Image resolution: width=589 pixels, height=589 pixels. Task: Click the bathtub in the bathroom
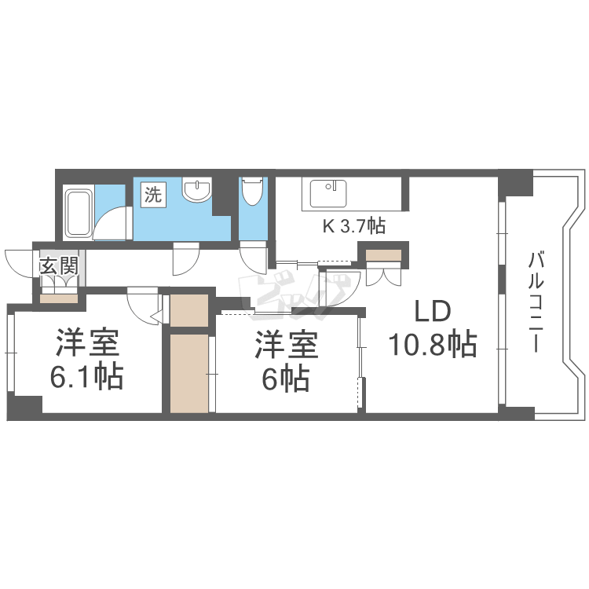78,211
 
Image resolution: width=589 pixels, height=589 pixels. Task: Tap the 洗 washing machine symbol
153,195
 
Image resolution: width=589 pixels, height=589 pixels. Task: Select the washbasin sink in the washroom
196,190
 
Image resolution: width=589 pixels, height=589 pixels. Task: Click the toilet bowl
251,191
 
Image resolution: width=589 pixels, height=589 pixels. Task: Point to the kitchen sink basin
328,193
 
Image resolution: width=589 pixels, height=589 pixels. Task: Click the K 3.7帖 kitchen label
354,226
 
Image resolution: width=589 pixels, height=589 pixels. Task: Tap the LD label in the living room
432,312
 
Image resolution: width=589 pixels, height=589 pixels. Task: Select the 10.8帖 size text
433,344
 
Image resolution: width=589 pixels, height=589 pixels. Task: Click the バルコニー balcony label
536,302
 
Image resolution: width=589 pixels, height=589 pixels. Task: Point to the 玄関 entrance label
60,266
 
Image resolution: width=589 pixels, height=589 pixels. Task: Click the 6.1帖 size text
86,376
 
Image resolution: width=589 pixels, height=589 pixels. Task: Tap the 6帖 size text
286,379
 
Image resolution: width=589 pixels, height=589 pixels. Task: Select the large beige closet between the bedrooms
189,374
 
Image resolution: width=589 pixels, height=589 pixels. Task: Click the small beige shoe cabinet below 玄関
59,298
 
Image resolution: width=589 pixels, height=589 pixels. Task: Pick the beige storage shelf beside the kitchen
383,255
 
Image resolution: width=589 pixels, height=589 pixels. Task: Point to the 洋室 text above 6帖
286,345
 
